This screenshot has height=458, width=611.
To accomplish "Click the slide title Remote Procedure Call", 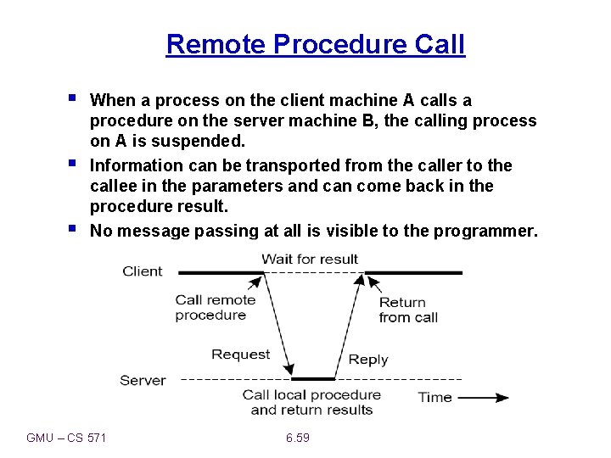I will click(316, 43).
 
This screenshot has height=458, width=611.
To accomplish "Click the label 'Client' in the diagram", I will click(142, 271).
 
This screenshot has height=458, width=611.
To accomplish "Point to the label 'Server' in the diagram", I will click(143, 380).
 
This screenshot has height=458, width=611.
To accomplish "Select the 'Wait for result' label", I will click(310, 259).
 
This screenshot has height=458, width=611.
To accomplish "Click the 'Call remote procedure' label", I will click(215, 307).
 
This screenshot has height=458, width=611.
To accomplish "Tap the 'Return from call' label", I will click(408, 310).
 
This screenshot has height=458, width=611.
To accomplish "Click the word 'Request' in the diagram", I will click(240, 355).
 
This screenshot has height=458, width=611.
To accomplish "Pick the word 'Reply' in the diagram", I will click(367, 360).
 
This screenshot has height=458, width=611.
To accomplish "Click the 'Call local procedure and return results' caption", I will click(311, 402).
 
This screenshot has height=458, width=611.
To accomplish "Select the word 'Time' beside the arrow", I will click(434, 397).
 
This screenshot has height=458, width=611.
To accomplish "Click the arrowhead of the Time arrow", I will click(502, 397).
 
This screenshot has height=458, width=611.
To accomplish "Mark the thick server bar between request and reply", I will click(313, 378).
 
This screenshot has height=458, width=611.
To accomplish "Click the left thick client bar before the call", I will click(221, 273).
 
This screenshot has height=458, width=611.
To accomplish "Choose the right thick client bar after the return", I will click(413, 273).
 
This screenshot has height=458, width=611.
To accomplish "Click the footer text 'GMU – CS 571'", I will click(72, 438).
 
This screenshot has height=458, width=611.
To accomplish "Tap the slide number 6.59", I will click(297, 438).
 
